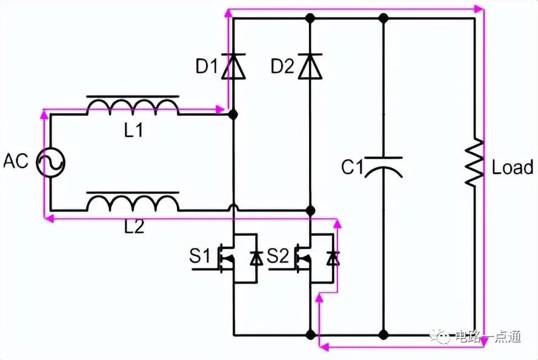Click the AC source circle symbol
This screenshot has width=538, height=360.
click(x=51, y=162)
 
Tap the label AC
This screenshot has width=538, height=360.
click(x=16, y=161)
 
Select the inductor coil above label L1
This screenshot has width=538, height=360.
click(x=133, y=105)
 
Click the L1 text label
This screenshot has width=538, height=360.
click(x=133, y=130)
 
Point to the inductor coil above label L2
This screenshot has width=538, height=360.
click(x=133, y=201)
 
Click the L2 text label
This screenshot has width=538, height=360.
click(x=134, y=227)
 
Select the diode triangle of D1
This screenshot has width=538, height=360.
click(x=233, y=66)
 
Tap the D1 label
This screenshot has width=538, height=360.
click(x=207, y=66)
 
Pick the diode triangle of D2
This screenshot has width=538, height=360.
click(x=310, y=66)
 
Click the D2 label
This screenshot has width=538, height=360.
click(x=282, y=66)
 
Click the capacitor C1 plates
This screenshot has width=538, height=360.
click(x=384, y=167)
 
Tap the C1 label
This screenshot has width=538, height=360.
click(x=353, y=167)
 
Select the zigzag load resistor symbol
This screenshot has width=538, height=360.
click(x=474, y=162)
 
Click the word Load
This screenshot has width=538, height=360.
click(x=513, y=167)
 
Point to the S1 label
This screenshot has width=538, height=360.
click(x=199, y=256)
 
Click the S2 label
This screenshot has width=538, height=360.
click(x=277, y=256)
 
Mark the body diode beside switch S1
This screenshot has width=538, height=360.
click(x=256, y=258)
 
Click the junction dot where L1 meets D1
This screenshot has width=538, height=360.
click(x=233, y=115)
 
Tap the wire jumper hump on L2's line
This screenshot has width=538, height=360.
click(x=233, y=207)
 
